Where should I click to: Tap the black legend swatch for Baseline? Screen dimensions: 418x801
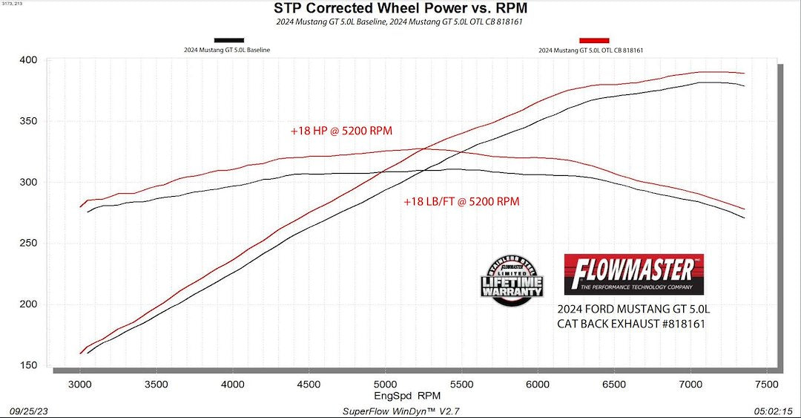point(228,40)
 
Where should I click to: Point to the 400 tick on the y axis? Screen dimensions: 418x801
point(30,60)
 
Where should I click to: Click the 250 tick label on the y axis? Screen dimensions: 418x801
point(30,243)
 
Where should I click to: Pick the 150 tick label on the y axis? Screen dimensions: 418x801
point(30,365)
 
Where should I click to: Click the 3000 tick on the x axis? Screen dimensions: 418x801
point(79,383)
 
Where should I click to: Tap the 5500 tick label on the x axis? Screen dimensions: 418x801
point(461,383)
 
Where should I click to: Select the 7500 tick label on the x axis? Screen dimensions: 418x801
point(765,383)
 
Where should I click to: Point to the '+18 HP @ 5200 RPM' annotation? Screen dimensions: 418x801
point(341,131)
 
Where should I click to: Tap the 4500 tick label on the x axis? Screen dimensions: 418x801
point(308,383)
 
